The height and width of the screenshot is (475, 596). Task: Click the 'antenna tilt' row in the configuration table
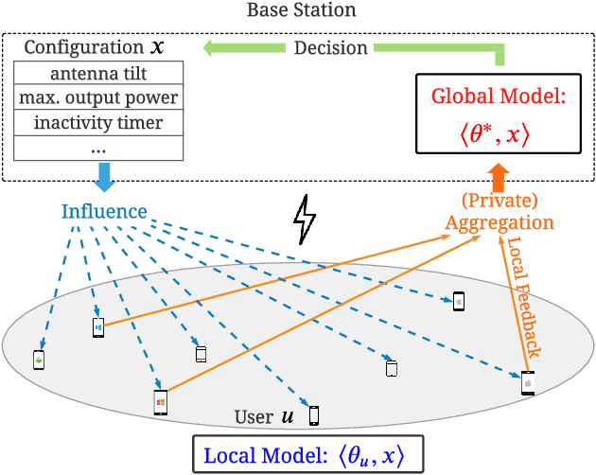tap(99, 73)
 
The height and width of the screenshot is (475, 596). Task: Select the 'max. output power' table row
tap(99, 97)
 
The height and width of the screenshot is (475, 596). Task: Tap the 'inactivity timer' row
tap(99, 122)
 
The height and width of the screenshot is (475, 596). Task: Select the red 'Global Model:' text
tap(499, 97)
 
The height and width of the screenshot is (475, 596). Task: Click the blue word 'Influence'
tap(104, 211)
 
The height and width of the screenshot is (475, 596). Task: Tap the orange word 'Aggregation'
tap(500, 222)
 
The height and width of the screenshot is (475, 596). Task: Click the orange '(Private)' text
tap(500, 202)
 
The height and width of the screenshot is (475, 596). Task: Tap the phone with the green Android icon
tap(39, 361)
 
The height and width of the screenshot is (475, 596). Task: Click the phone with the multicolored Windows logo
tap(160, 402)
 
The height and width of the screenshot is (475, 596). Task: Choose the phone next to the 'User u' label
tap(314, 415)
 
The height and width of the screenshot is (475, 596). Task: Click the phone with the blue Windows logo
tap(97, 327)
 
